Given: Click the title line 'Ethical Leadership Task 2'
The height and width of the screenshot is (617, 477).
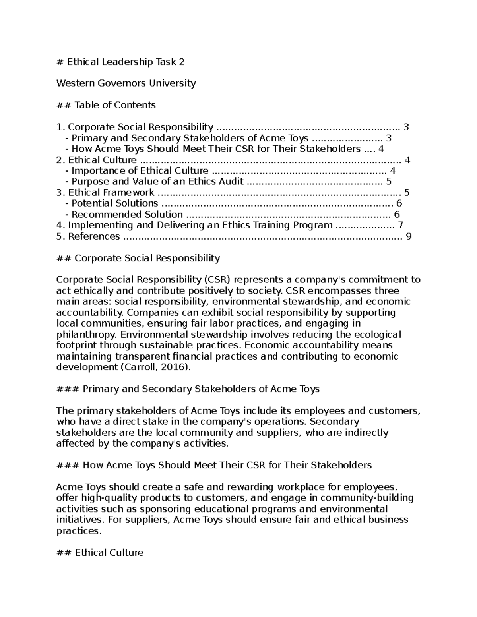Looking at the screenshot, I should click(120, 62).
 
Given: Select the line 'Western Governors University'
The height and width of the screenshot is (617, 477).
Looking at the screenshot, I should click(126, 83).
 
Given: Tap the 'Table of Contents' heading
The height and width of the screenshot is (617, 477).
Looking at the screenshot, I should click(106, 105).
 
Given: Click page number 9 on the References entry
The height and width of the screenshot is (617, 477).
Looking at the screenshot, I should click(408, 236).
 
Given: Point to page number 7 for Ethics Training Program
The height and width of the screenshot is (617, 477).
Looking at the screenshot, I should click(400, 225).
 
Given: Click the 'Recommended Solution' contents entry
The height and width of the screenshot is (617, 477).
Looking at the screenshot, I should click(127, 215).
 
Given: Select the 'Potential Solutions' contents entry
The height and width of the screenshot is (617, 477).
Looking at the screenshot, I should click(114, 203).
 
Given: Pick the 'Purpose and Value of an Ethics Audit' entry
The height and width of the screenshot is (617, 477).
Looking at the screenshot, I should click(157, 182).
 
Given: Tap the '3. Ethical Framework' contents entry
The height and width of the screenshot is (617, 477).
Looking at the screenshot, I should click(105, 193).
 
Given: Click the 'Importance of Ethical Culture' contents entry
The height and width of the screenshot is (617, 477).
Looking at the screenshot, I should click(140, 171).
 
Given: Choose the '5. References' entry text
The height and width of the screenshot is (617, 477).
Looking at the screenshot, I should click(88, 236).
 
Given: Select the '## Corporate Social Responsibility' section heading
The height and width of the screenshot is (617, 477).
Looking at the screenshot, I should click(138, 258).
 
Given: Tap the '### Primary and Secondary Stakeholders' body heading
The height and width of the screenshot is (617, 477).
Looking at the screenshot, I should click(188, 389).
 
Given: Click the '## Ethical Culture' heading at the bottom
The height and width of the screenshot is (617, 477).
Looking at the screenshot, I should click(100, 553).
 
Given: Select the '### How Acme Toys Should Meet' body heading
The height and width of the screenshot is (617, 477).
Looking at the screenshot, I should click(214, 465).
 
